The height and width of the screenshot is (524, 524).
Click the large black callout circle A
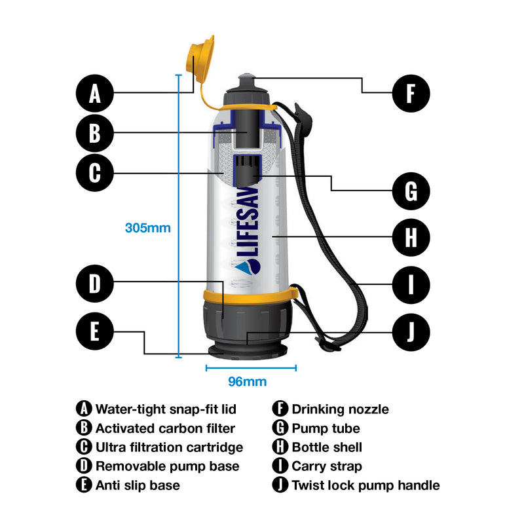(x=95, y=93)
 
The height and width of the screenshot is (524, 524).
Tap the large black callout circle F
(x=411, y=92)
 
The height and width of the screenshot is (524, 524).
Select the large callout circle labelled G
(x=411, y=191)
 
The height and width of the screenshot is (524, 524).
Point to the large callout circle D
(x=95, y=284)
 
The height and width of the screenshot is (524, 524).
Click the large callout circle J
(x=411, y=331)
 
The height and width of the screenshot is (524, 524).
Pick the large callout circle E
(x=95, y=331)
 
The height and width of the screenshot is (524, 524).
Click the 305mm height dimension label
(x=147, y=228)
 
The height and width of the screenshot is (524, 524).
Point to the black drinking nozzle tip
(x=246, y=79)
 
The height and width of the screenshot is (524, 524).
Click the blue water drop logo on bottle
(x=251, y=266)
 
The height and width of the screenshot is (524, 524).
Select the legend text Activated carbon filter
(x=165, y=428)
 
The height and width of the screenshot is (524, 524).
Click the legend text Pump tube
(x=326, y=428)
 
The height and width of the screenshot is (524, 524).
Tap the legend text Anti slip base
(x=138, y=485)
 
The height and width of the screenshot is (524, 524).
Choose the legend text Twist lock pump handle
(x=365, y=485)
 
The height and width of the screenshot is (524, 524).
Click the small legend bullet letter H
(x=280, y=447)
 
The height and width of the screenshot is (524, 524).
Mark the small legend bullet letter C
(x=84, y=447)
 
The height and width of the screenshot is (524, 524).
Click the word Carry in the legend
(x=308, y=466)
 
